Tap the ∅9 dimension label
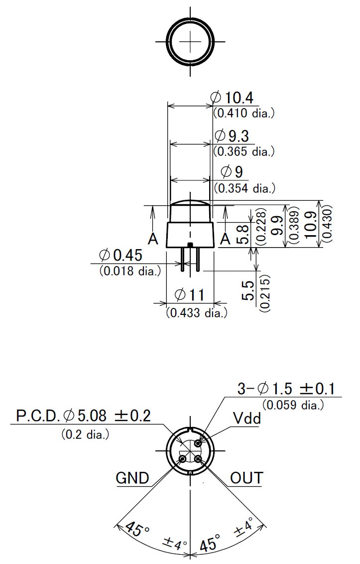point(232,172)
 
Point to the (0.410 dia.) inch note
point(244,113)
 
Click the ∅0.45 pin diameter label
point(121,256)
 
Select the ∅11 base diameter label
point(190,295)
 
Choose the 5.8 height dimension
point(242,234)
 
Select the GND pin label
point(132,478)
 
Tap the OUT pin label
point(246,478)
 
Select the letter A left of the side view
point(153,240)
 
